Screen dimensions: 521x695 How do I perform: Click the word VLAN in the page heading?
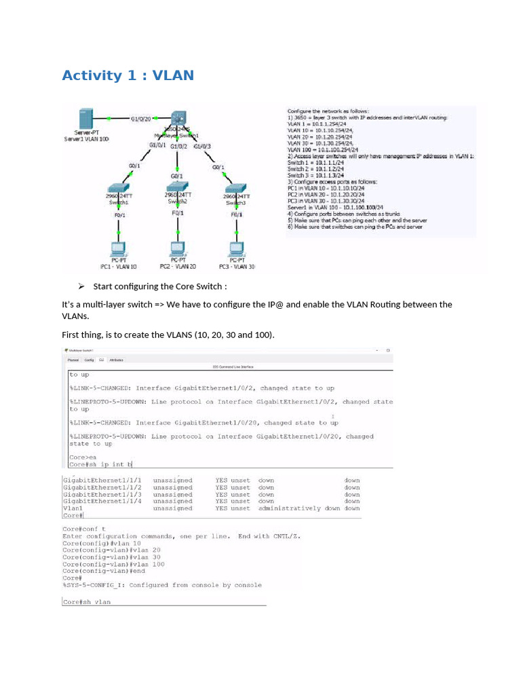click(x=173, y=75)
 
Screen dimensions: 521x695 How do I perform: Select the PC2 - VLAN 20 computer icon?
click(x=178, y=249)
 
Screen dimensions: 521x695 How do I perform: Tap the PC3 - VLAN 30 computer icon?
click(x=237, y=249)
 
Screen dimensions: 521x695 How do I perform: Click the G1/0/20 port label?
click(x=140, y=119)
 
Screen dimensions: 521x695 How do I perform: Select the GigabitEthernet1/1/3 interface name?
click(x=102, y=495)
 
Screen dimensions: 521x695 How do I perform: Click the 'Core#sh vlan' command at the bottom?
click(x=87, y=602)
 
